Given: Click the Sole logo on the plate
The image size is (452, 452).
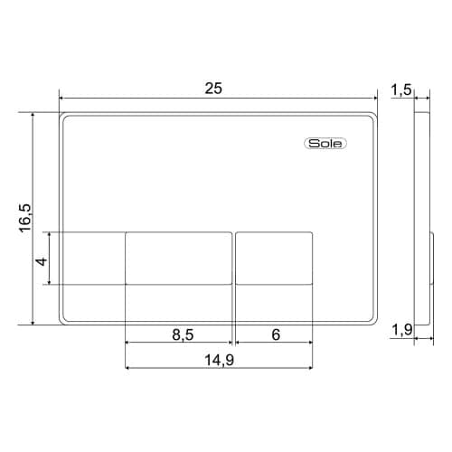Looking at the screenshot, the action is pos(325,144).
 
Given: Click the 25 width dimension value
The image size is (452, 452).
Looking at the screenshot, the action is pos(213,89).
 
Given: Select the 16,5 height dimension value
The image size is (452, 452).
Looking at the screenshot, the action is pos(25,218).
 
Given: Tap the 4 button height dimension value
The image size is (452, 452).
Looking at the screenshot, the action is pos(42,261).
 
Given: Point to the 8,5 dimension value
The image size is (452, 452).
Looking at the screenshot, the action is pos(183,334).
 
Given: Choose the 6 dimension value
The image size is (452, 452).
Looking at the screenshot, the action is pos(276,334).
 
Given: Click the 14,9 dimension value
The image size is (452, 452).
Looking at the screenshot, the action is pos(220,360).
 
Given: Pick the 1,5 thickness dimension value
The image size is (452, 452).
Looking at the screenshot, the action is pos(401,89).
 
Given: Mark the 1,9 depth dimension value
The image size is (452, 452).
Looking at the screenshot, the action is pos(402,330).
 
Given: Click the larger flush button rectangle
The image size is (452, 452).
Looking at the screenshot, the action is pos(179,258).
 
